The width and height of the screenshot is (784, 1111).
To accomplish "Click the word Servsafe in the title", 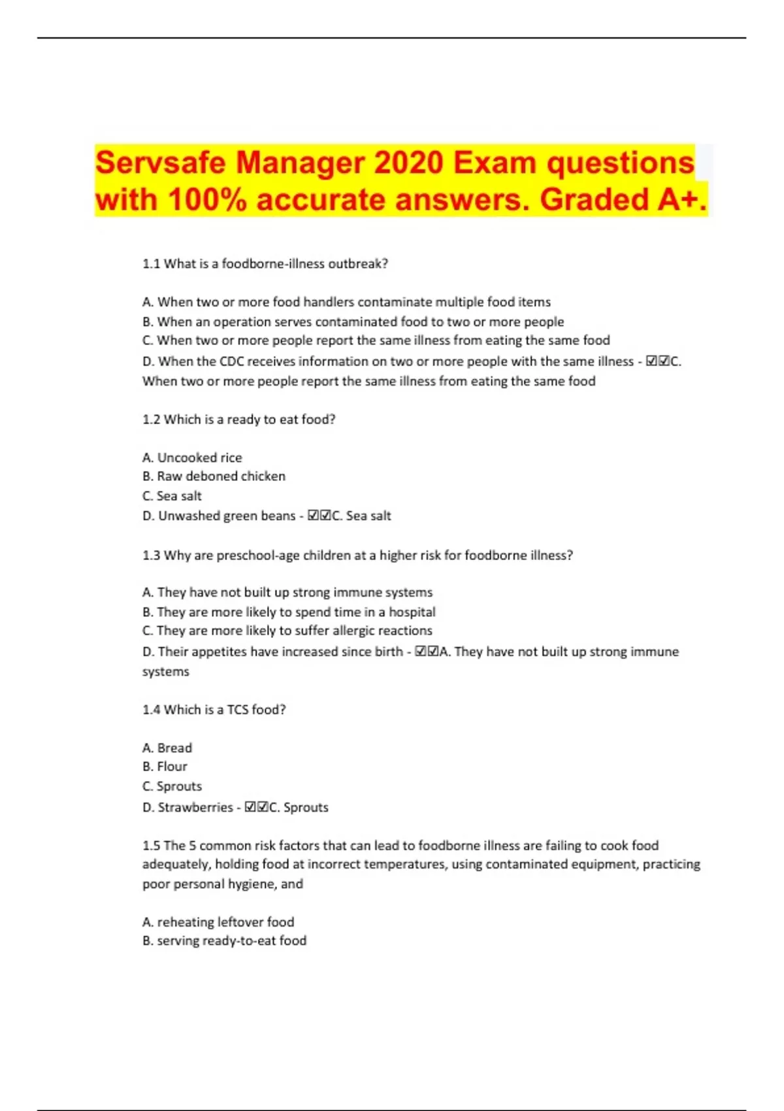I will point(161,163).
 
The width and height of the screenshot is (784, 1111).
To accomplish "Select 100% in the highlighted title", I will point(207,199).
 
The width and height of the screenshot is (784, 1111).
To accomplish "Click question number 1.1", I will point(151,264).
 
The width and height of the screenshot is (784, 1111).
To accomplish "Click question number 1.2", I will point(151,420).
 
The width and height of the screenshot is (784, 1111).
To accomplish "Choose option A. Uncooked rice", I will point(192,457).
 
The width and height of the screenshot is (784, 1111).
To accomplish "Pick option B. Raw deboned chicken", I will point(214,476).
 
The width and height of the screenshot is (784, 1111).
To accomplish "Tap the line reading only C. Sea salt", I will point(172,496).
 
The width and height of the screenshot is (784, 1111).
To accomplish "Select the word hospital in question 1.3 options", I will point(412,612).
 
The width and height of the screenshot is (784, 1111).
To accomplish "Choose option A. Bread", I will point(167,748).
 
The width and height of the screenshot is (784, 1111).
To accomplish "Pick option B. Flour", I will point(165,767).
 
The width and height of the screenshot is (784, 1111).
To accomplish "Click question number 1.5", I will point(151,846).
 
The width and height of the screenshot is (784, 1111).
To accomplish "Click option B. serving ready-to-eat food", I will point(224,941).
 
